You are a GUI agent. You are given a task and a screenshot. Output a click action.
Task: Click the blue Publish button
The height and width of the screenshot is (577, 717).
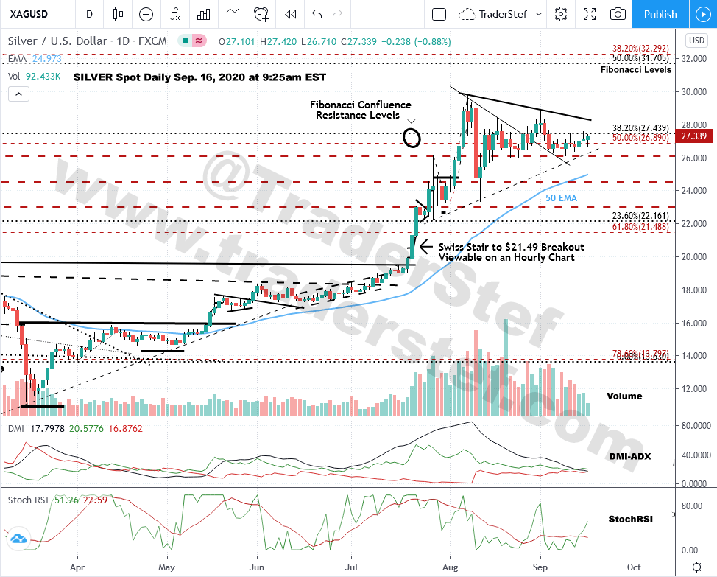pos(660,14)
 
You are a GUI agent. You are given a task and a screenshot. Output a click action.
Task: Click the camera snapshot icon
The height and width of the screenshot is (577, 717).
pos(618,14)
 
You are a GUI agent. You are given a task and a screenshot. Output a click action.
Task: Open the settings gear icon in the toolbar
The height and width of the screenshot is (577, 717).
pos(561,14)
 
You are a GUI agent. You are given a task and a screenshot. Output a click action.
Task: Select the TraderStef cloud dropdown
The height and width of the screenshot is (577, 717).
pos(501,14)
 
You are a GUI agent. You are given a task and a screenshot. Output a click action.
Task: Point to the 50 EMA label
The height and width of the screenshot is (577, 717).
pos(560,198)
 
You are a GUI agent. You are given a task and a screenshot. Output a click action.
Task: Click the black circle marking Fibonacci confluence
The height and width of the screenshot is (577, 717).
pos(412,137)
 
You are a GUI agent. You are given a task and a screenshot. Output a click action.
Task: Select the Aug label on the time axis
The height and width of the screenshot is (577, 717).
pos(448,568)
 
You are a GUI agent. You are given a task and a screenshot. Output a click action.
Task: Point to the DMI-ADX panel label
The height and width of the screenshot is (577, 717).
pos(629,456)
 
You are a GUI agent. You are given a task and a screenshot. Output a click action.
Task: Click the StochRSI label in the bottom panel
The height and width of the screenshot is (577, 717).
pos(629,519)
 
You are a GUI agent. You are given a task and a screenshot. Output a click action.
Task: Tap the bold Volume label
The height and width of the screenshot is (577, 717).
pos(624,396)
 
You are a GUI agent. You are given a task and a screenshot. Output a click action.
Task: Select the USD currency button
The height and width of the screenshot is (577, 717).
pos(696,40)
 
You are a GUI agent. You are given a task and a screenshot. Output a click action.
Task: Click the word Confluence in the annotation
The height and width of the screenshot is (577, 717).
pos(385,105)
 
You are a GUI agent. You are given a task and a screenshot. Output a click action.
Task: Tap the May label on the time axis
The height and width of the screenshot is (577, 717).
pos(166,568)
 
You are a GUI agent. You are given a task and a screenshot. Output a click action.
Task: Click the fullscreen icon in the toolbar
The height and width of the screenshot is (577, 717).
pos(589,14)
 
